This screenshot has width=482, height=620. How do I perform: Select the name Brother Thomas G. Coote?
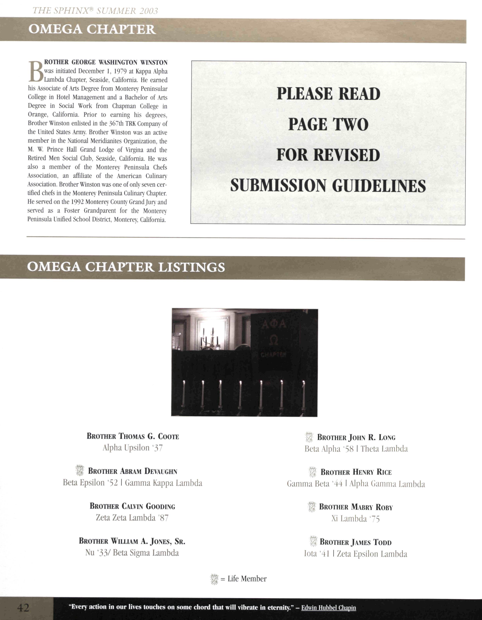click(x=133, y=436)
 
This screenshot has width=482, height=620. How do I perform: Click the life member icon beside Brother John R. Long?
click(x=309, y=437)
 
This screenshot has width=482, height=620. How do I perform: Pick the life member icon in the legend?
click(x=214, y=579)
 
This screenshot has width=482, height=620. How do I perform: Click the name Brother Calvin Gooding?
click(x=132, y=506)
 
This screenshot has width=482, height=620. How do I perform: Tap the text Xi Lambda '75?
click(x=355, y=519)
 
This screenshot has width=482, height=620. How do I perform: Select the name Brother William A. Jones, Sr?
click(x=132, y=541)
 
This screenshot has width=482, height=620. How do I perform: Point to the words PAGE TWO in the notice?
click(x=328, y=124)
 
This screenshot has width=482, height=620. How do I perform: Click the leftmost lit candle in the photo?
click(x=183, y=393)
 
